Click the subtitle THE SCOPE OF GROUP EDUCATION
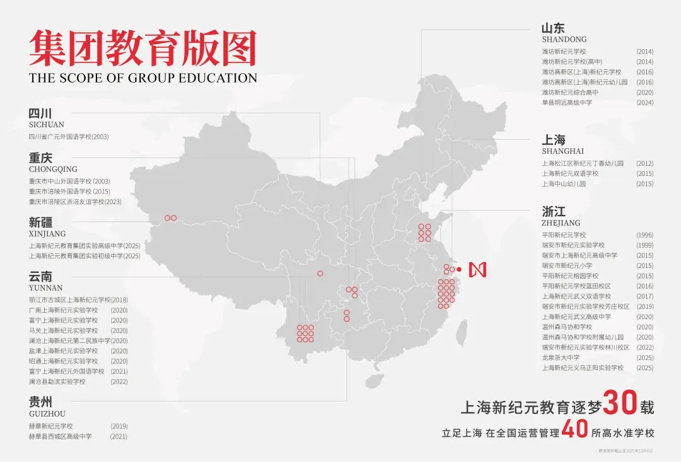point(143,78)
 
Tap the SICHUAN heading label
point(47,125)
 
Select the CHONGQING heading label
point(53,169)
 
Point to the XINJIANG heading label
point(47,234)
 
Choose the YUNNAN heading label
point(46,288)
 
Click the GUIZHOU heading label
point(47,413)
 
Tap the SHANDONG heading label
point(564,39)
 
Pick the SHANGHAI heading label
point(563,151)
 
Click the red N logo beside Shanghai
point(478,269)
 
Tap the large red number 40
point(574,431)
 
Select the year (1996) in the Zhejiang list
point(644,235)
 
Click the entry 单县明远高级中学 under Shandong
point(567,103)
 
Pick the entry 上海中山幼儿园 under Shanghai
point(564,184)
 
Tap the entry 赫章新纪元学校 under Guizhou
point(51,426)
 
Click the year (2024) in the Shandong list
point(644,103)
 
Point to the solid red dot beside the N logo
point(459,269)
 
